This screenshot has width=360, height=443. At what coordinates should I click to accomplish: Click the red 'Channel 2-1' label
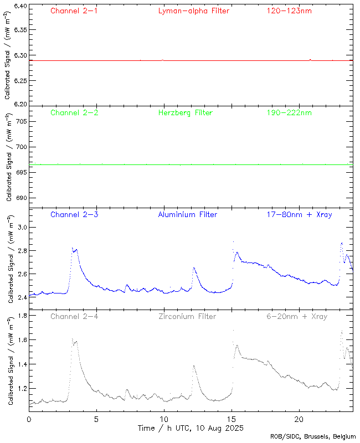74,11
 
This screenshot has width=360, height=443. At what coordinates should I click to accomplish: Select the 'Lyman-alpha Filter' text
193,11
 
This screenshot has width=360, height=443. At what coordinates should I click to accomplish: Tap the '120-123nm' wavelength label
289,11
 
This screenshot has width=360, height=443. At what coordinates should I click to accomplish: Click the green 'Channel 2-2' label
74,112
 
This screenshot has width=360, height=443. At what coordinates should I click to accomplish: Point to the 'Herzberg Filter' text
185,112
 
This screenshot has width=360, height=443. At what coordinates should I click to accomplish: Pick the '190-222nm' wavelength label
289,112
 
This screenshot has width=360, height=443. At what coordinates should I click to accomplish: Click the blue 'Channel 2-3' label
74,214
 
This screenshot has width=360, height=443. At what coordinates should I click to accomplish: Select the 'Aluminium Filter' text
187,214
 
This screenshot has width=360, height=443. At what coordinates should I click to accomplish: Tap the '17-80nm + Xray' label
299,214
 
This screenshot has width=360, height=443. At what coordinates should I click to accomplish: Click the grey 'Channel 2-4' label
74,316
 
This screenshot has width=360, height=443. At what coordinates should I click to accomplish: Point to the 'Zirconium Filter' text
187,316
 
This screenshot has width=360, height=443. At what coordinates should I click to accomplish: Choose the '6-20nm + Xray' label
296,316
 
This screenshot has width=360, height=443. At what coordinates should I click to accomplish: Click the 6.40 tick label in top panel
20,7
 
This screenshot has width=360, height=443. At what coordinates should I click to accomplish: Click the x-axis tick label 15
231,419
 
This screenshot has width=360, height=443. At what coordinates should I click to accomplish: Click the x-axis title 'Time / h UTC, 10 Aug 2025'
191,428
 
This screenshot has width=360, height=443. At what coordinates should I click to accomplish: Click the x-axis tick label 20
299,419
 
